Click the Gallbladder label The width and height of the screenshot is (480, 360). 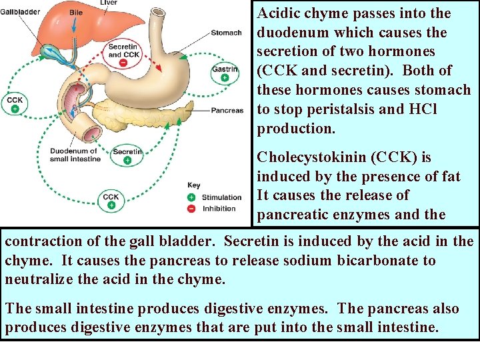(x=20, y=12)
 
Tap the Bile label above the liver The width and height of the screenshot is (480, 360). (x=76, y=12)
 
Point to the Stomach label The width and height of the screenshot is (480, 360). (x=226, y=33)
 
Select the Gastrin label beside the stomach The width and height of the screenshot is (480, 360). (x=224, y=69)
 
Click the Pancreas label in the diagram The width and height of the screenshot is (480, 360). (x=227, y=110)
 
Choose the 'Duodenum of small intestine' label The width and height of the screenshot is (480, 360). (x=75, y=155)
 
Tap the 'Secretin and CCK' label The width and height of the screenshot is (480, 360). (x=123, y=51)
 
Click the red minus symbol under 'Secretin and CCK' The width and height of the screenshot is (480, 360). (x=123, y=63)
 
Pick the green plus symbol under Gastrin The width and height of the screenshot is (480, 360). (x=225, y=78)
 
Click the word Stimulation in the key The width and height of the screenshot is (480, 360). (x=221, y=197)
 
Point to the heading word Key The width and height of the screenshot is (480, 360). (x=193, y=185)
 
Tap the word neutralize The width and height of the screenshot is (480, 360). (x=37, y=279)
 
